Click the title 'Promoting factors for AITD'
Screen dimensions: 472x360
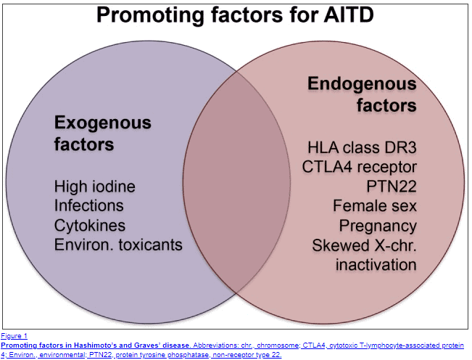pos(235,15)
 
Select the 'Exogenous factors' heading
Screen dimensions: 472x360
pos(103,133)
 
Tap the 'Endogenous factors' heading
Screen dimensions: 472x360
pos(362,94)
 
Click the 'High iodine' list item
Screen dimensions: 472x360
pos(95,187)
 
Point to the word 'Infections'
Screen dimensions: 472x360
pos(88,205)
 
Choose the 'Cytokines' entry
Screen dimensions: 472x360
pos(90,226)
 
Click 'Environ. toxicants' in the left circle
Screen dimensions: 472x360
pos(118,245)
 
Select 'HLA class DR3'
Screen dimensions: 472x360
pos(362,147)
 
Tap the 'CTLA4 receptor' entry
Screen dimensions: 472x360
pos(360,167)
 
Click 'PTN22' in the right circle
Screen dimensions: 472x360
pos(392,187)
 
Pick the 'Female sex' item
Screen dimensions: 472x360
pos(375,205)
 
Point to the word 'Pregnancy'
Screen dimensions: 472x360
pos(378,226)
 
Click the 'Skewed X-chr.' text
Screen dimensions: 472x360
pos(365,245)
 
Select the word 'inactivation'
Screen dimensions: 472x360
pos(376,264)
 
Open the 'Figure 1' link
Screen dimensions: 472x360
pos(15,336)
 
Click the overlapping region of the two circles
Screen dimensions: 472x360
pos(236,182)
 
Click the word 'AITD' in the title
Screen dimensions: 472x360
pos(349,15)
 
